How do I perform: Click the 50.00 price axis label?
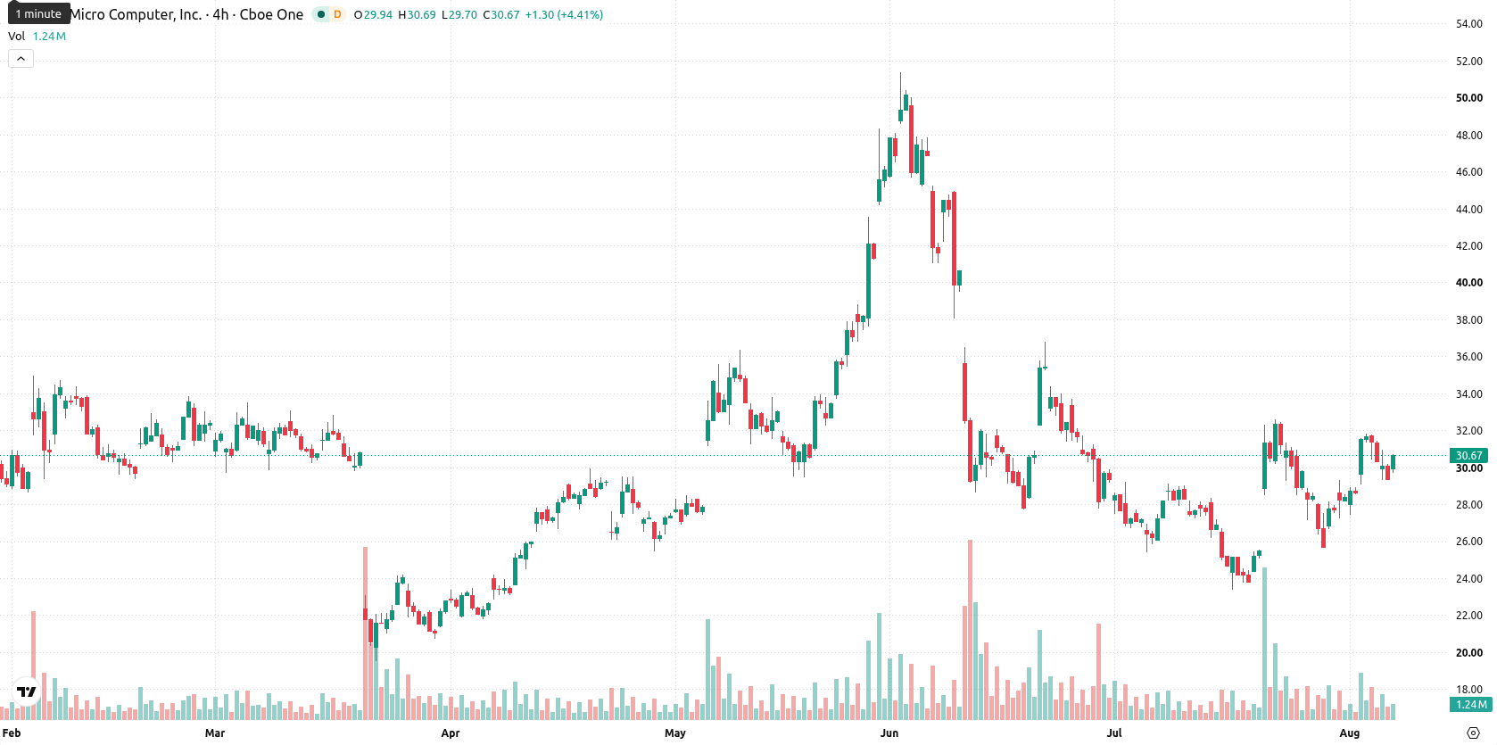tap(1469, 98)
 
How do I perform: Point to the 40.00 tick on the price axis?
tap(1469, 283)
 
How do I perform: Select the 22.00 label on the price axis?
tap(1469, 616)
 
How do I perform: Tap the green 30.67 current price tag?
tap(1469, 456)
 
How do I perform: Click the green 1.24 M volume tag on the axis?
tap(1470, 704)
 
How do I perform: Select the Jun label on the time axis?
tap(889, 733)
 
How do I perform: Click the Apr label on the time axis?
tap(451, 733)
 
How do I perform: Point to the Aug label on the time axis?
tap(1349, 733)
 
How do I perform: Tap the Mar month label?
tap(214, 733)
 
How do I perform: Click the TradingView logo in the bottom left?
tap(27, 691)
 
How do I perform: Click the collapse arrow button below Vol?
tap(21, 59)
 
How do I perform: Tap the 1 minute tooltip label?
tap(38, 13)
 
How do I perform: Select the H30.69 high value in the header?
tap(417, 14)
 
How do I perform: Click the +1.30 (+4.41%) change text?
tap(563, 14)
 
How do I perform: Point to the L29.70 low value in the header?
tap(459, 14)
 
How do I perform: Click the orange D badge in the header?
tap(337, 14)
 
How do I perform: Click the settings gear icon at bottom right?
tap(1473, 733)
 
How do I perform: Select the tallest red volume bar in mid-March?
tap(366, 633)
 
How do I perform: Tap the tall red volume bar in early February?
tap(33, 666)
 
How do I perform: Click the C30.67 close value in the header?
tap(501, 14)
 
